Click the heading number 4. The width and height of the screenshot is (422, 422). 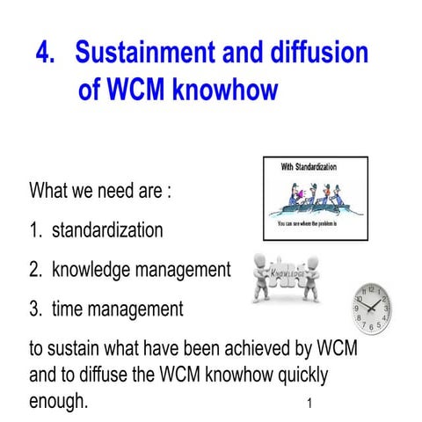(45, 53)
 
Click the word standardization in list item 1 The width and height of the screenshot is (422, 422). (107, 231)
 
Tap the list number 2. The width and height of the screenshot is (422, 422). (35, 270)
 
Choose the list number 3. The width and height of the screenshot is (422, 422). (35, 309)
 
